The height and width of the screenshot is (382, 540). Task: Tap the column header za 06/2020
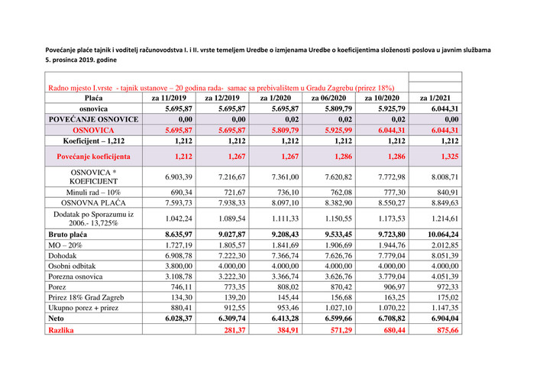tap(328, 99)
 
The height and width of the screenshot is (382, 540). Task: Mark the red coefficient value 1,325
tap(448, 156)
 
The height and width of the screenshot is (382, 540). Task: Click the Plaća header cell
tap(94, 99)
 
